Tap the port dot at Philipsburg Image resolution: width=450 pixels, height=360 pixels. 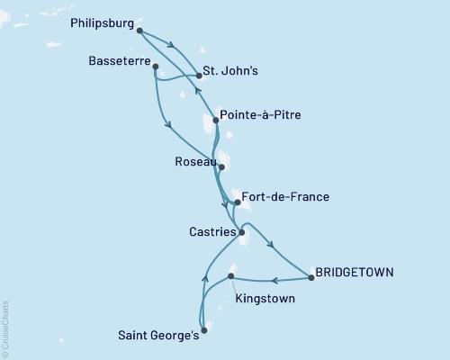pyautogui.click(x=139, y=31)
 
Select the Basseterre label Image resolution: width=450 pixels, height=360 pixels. pyautogui.click(x=121, y=62)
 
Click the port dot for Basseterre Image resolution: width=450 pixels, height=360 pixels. pyautogui.click(x=156, y=67)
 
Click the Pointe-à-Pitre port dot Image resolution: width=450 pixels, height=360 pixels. pyautogui.click(x=216, y=120)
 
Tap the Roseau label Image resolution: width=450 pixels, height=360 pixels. pyautogui.click(x=195, y=163)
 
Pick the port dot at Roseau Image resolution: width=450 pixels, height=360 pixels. pyautogui.click(x=221, y=167)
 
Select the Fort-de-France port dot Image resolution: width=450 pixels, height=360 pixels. pyautogui.click(x=238, y=202)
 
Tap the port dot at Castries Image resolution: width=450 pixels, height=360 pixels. pyautogui.click(x=242, y=233)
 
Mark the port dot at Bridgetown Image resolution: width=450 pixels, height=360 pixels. pyautogui.click(x=310, y=277)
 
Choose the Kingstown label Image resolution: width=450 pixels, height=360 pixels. pyautogui.click(x=263, y=298)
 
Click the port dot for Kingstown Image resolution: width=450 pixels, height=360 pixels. pyautogui.click(x=231, y=276)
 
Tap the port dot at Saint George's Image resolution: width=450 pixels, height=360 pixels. pyautogui.click(x=203, y=330)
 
